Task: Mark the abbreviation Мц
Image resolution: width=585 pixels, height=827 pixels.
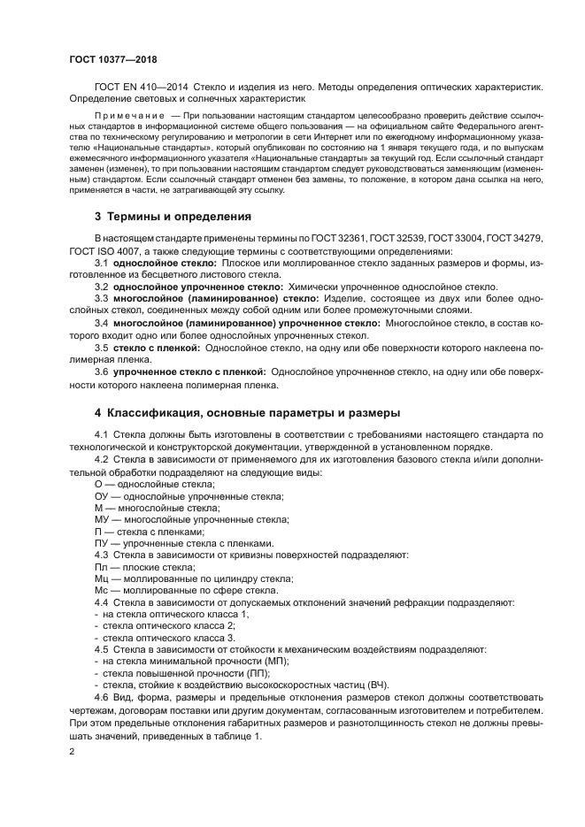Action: coord(100,578)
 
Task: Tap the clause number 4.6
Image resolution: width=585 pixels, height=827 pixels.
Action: coord(101,699)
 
